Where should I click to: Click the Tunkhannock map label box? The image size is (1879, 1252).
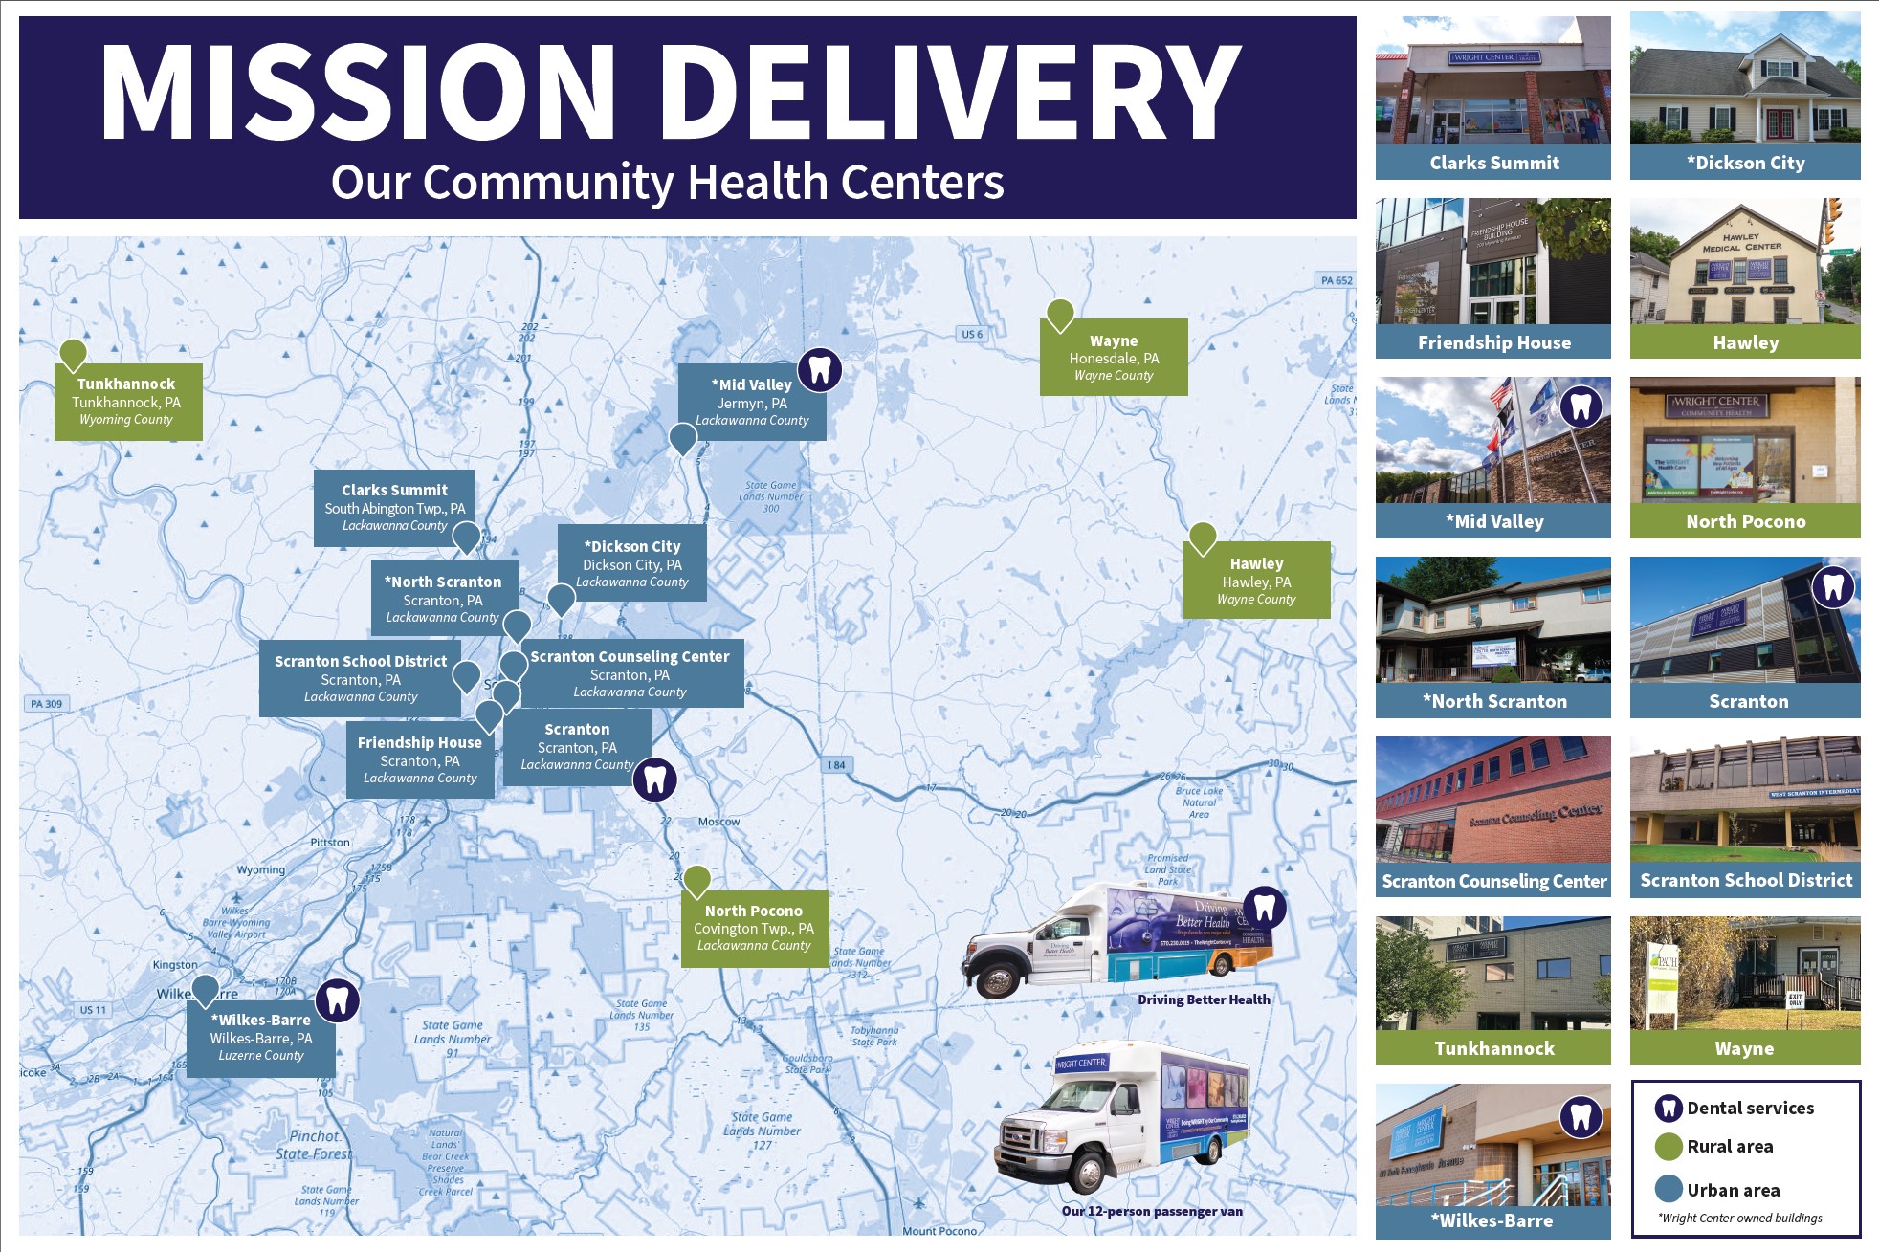pyautogui.click(x=127, y=402)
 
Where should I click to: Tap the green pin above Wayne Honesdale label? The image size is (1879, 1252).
pyautogui.click(x=1060, y=314)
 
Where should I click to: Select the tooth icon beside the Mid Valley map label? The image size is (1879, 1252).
pyautogui.click(x=820, y=369)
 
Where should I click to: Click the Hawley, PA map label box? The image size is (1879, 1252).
pyautogui.click(x=1256, y=581)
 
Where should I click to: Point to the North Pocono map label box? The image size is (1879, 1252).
pyautogui.click(x=754, y=928)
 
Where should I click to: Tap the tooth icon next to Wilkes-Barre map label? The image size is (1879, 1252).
pyautogui.click(x=337, y=1000)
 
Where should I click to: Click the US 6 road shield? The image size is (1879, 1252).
pyautogui.click(x=972, y=334)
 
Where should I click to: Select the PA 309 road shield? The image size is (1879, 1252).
pyautogui.click(x=46, y=704)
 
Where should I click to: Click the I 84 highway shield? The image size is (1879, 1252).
pyautogui.click(x=836, y=765)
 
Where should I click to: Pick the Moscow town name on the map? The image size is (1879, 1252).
pyautogui.click(x=718, y=822)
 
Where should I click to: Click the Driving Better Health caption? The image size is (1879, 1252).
pyautogui.click(x=1204, y=999)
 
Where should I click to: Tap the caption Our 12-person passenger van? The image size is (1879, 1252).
pyautogui.click(x=1152, y=1211)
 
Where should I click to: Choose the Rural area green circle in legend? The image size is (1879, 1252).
pyautogui.click(x=1669, y=1147)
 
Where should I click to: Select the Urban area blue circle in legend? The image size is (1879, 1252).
pyautogui.click(x=1669, y=1189)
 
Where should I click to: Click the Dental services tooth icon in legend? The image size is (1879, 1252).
pyautogui.click(x=1669, y=1108)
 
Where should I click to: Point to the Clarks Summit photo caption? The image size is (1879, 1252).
pyautogui.click(x=1493, y=163)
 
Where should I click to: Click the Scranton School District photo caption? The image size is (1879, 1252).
pyautogui.click(x=1746, y=880)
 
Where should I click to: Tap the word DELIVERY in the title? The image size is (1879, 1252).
pyautogui.click(x=962, y=93)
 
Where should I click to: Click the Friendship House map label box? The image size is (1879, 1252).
pyautogui.click(x=420, y=759)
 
